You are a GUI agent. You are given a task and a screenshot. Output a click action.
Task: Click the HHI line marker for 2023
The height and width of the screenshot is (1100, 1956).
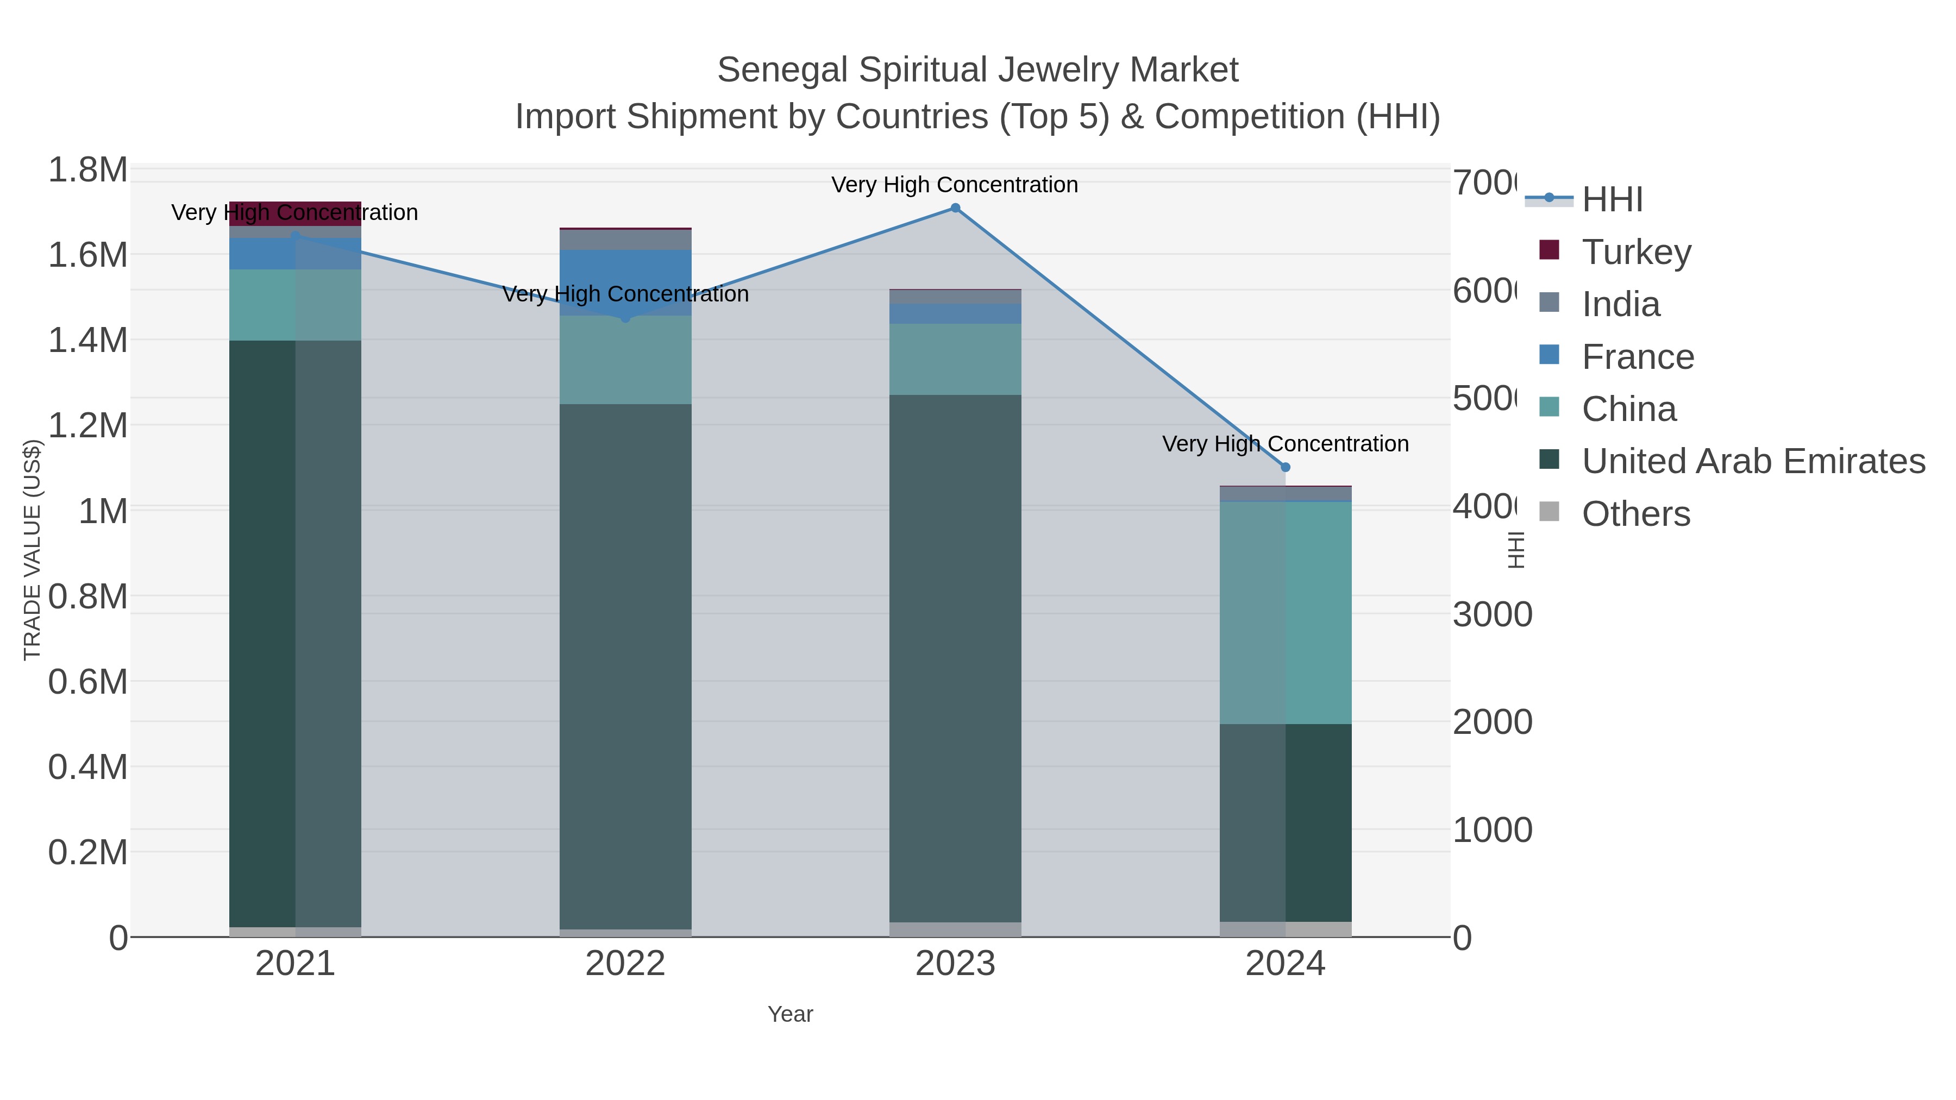click(x=955, y=208)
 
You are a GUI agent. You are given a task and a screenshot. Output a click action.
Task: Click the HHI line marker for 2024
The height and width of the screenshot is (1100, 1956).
click(x=1286, y=468)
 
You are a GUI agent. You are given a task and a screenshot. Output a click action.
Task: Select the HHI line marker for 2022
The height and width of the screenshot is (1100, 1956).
click(x=626, y=318)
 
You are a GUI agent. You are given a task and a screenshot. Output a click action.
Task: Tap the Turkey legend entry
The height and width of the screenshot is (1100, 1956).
click(x=1637, y=252)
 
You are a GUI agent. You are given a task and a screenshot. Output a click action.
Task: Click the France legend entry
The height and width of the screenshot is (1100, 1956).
click(x=1637, y=357)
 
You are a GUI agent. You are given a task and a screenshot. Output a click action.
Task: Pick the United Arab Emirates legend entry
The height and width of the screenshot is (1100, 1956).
click(x=1752, y=462)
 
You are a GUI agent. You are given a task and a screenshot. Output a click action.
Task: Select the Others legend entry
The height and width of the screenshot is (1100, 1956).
click(x=1635, y=514)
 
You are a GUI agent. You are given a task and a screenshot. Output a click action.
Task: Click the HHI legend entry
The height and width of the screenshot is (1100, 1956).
click(x=1612, y=200)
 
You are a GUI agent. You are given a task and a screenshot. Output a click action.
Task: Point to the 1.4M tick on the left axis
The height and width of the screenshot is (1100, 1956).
click(x=87, y=340)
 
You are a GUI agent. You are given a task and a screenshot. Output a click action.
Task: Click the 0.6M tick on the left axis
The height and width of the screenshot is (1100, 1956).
click(x=87, y=682)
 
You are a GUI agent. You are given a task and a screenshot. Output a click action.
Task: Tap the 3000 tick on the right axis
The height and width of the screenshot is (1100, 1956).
click(x=1491, y=614)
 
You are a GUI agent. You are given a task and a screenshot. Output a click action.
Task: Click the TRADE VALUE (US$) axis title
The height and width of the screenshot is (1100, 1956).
click(x=32, y=550)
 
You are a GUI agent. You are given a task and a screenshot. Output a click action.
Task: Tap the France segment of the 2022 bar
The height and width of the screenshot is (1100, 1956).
click(x=626, y=282)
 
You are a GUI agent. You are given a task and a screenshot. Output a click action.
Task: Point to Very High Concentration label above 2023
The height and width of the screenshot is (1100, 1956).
click(x=955, y=185)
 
